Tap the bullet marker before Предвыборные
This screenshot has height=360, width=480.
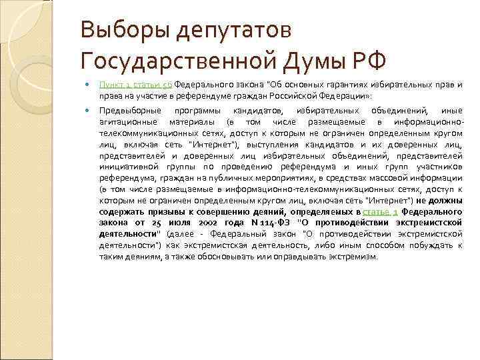(87, 110)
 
